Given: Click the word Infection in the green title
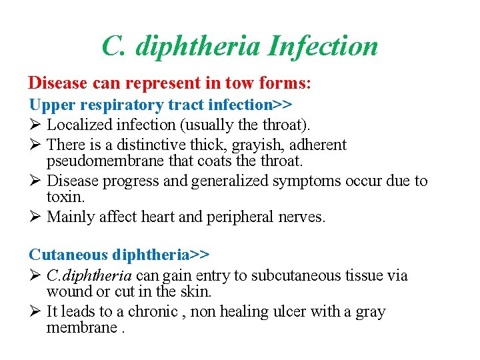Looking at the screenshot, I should click(323, 46).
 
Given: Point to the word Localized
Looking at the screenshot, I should click(81, 125).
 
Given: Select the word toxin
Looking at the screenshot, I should click(66, 197).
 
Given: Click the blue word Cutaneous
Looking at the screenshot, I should click(68, 255).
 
